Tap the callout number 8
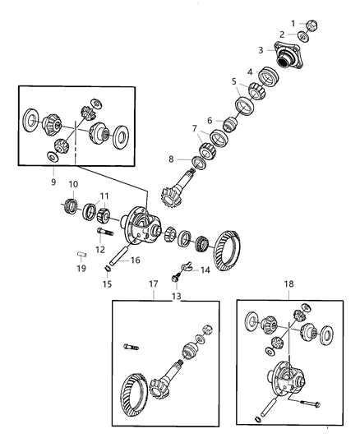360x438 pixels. pyautogui.click(x=170, y=159)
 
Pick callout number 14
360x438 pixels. pyautogui.click(x=205, y=269)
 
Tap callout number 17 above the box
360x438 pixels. pyautogui.click(x=153, y=286)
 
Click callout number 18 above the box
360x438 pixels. pyautogui.click(x=288, y=286)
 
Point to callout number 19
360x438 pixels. pyautogui.click(x=82, y=267)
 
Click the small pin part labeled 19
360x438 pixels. pyautogui.click(x=83, y=255)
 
